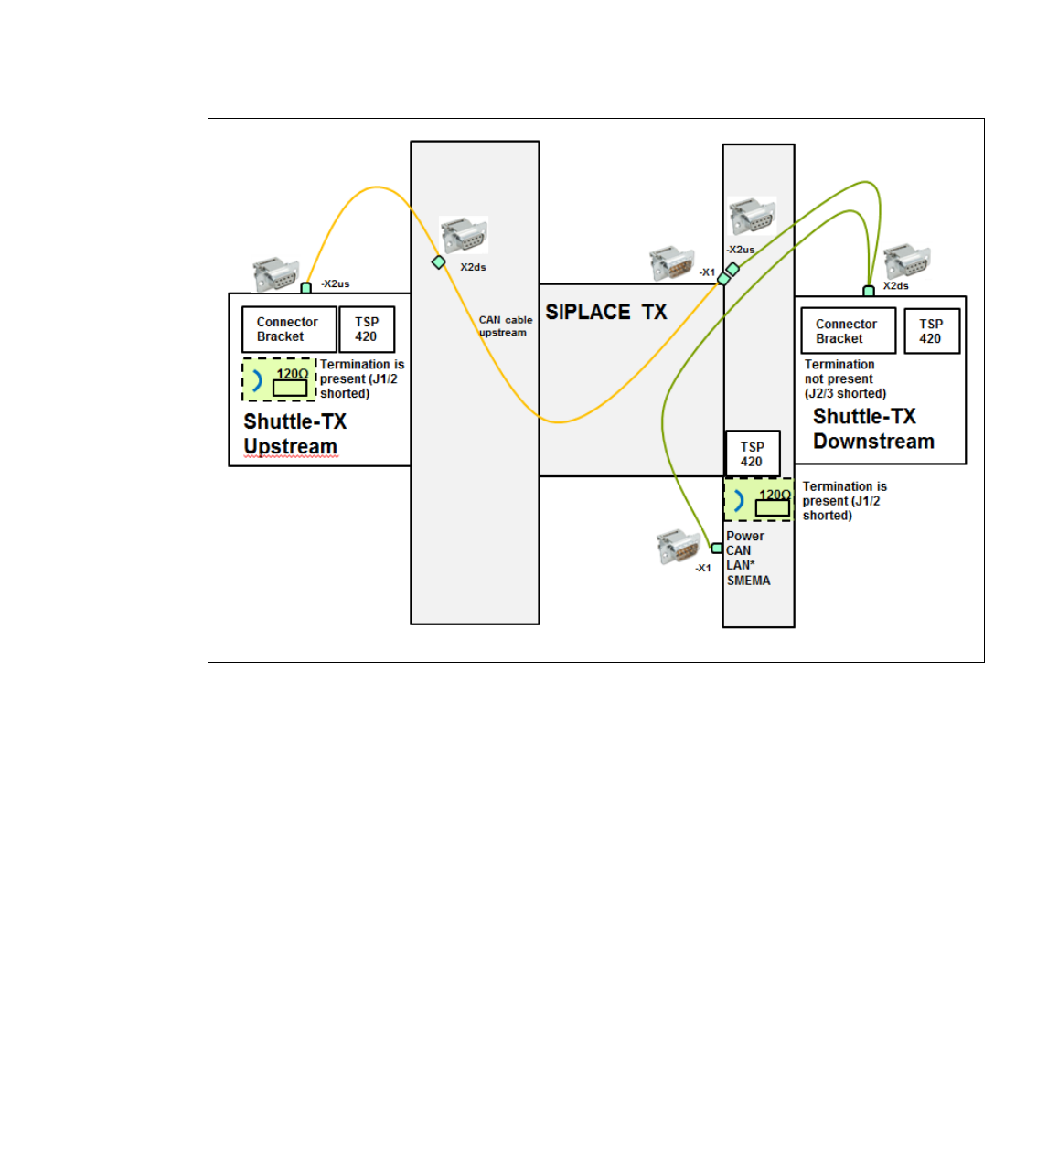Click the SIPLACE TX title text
coord(606,312)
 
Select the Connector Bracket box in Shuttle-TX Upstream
coord(288,329)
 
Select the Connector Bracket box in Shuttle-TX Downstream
coord(848,331)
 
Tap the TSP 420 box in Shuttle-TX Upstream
coord(367,329)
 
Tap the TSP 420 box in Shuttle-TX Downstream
coord(931,331)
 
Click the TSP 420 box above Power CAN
coord(752,454)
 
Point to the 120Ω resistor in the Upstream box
coord(290,388)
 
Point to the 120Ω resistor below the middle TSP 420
coord(772,507)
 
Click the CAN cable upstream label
coord(505,326)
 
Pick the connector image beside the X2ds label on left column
coord(464,235)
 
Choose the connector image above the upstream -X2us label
coord(275,274)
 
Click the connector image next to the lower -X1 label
coord(678,546)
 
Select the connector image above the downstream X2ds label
coord(906,261)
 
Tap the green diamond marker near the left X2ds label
coord(439,262)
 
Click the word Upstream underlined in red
coord(290,447)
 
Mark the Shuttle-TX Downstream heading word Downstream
coord(873,442)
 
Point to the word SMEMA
coord(748,581)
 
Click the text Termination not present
coord(839,371)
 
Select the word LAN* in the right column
coord(741,565)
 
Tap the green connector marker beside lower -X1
coord(717,549)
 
